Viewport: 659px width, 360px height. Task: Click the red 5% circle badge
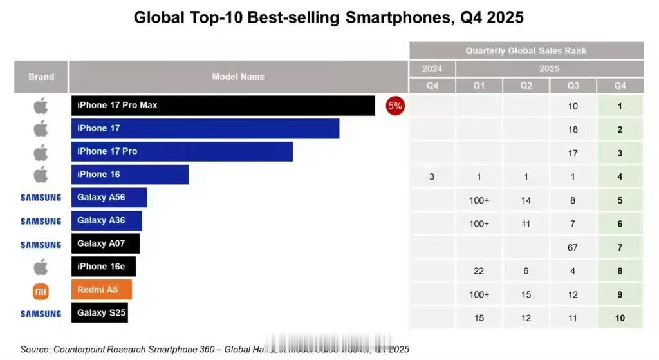click(x=394, y=106)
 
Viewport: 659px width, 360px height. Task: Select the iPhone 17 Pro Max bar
click(x=223, y=106)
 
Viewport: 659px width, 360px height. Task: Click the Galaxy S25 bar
click(x=99, y=313)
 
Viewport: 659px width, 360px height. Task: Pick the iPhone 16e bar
click(x=103, y=267)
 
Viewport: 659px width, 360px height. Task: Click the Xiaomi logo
click(x=41, y=292)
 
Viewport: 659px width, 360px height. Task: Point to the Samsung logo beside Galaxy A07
click(x=41, y=245)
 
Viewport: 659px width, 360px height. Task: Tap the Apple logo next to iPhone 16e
click(x=41, y=267)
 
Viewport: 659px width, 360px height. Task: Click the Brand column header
click(x=41, y=77)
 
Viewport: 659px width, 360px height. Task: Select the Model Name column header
click(x=238, y=77)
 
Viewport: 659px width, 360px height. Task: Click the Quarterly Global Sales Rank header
click(x=526, y=51)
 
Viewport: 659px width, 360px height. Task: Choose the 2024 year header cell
click(x=432, y=68)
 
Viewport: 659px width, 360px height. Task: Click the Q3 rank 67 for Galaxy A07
click(x=573, y=248)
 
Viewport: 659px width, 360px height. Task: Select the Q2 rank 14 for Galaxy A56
click(x=526, y=200)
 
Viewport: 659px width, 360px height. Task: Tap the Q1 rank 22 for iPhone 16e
click(x=479, y=271)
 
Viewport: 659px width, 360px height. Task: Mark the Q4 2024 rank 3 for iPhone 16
click(x=432, y=176)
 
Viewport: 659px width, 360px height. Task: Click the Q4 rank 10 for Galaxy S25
click(x=620, y=318)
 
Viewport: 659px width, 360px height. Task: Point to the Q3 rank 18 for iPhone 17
click(x=573, y=129)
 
